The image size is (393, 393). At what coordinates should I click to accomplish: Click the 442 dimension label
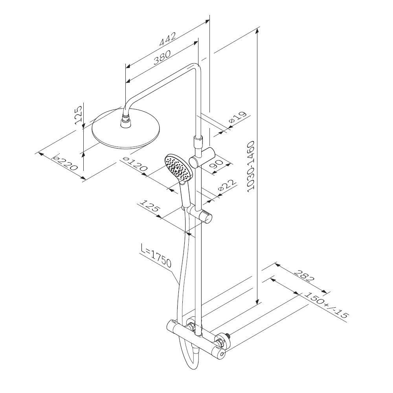tap(168, 39)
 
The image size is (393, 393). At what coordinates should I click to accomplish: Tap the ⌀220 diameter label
tap(64, 162)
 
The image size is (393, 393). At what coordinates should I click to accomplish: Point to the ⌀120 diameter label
tap(134, 164)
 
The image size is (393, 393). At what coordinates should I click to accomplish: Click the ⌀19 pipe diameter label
tap(237, 118)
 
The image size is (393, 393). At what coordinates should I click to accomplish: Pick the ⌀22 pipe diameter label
tap(227, 186)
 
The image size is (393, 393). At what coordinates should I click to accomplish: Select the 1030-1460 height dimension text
tap(251, 166)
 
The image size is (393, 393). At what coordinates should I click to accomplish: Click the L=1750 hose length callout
tap(156, 257)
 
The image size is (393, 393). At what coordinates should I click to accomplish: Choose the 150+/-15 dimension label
tap(326, 305)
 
